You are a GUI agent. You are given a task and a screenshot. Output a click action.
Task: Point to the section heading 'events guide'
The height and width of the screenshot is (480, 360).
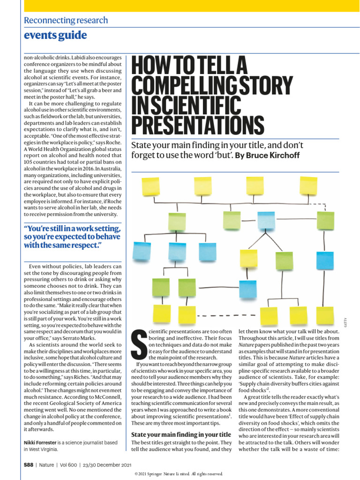click(x=55, y=35)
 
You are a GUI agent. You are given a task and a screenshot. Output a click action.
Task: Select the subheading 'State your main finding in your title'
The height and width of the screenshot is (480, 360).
click(x=181, y=434)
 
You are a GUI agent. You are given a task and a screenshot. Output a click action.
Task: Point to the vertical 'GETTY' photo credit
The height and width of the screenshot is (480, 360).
click(x=350, y=322)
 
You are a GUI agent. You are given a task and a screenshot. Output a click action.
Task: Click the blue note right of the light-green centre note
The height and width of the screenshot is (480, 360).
click(x=266, y=220)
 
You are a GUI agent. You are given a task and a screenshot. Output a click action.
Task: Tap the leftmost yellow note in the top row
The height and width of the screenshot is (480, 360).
click(x=151, y=187)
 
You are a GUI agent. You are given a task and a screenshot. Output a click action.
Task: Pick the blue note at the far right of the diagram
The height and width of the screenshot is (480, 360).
click(x=325, y=261)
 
